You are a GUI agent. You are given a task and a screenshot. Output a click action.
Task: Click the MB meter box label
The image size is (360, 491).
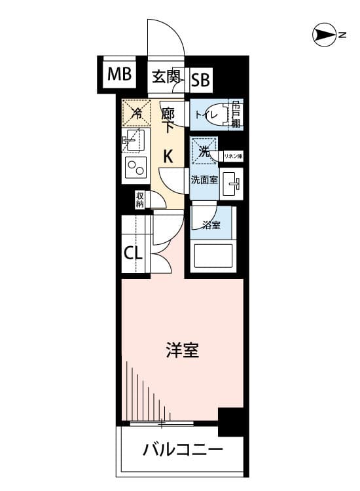(x=119, y=75)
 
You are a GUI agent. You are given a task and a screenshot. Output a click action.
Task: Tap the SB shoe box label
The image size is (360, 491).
(x=200, y=79)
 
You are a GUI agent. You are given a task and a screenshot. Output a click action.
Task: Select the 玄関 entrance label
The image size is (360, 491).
(x=166, y=77)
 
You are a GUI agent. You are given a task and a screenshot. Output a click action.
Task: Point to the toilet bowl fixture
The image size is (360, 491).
(x=223, y=115)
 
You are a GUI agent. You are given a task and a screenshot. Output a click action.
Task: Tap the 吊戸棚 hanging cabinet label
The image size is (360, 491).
(x=236, y=115)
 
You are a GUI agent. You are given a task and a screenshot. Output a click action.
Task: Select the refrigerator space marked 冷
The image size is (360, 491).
(x=136, y=113)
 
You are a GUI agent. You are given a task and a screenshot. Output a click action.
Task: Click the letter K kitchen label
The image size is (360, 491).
(x=168, y=156)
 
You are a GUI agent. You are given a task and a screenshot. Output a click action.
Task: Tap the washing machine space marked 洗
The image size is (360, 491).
(x=204, y=151)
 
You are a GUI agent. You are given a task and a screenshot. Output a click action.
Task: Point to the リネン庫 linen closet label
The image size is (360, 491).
(x=233, y=156)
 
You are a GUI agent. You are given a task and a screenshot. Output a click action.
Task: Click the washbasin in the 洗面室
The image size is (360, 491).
(x=231, y=184)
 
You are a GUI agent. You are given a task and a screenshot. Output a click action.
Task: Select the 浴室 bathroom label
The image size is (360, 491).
(x=211, y=225)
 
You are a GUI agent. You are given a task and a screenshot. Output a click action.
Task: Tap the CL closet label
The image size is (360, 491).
(x=134, y=253)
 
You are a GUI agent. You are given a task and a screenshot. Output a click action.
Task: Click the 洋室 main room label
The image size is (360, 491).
(x=182, y=350)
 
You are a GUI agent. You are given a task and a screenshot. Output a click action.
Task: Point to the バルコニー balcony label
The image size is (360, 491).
(x=183, y=450)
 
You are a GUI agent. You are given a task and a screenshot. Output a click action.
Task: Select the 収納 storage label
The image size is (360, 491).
(x=139, y=200)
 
